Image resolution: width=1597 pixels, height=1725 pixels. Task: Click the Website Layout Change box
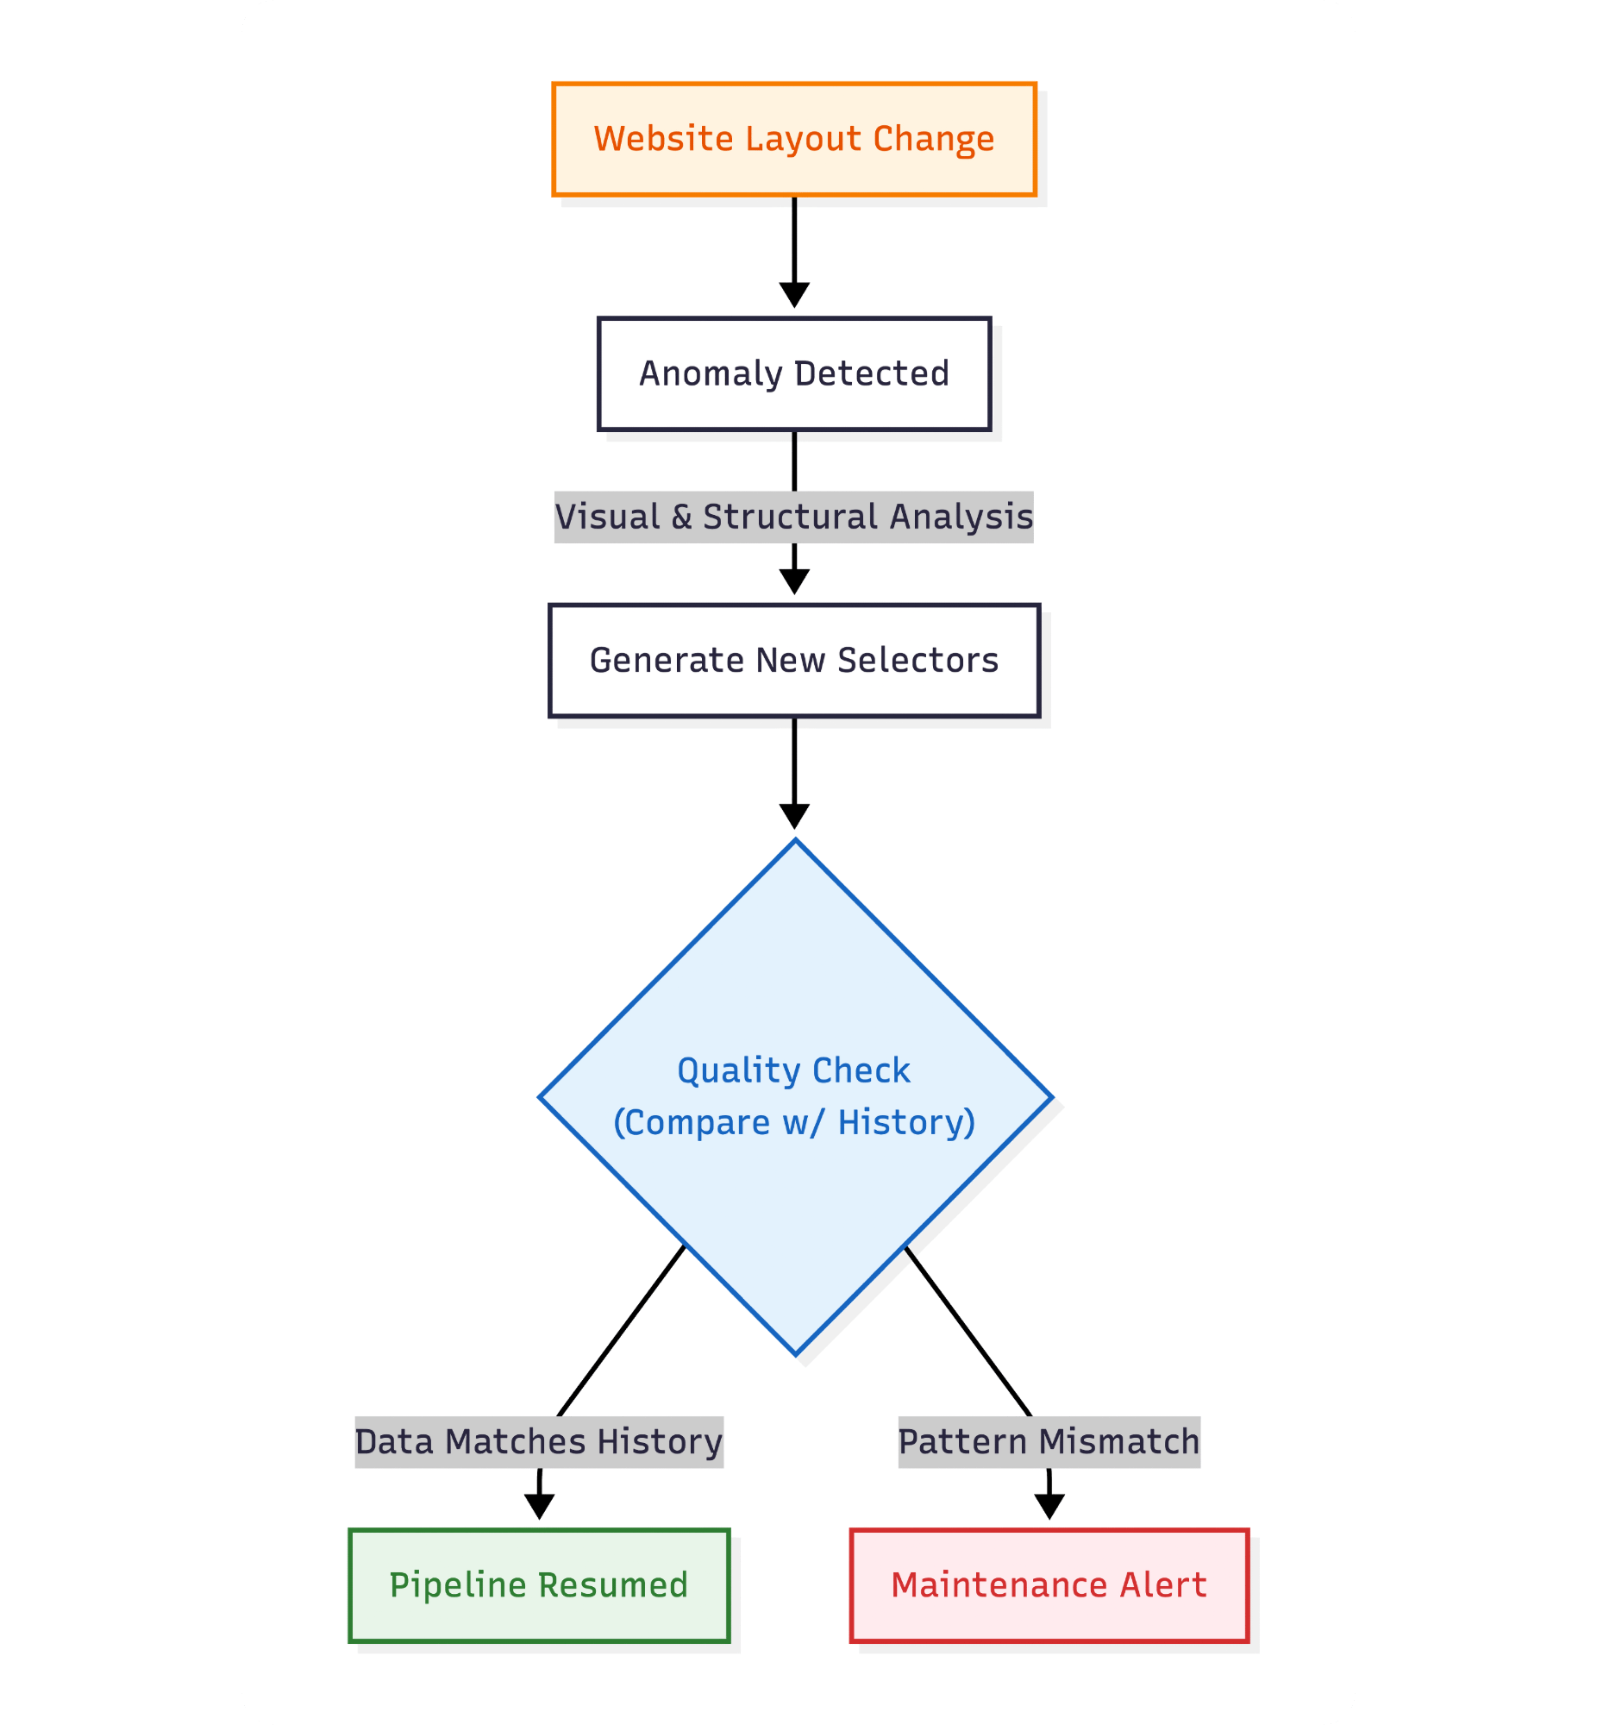[793, 139]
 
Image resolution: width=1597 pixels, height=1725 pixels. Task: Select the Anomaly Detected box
[793, 373]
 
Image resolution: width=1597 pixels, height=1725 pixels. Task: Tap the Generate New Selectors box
[793, 661]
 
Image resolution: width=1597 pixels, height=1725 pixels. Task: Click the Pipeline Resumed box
[538, 1585]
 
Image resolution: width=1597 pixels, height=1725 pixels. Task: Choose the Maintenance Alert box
[1049, 1585]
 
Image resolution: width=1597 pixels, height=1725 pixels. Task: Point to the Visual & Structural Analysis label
[793, 517]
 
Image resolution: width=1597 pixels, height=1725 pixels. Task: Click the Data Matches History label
[538, 1441]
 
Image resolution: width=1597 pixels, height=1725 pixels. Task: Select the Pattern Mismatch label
[1049, 1441]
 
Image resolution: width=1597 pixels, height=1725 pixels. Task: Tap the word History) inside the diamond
[906, 1123]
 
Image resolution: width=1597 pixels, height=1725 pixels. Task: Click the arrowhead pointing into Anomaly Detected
[793, 295]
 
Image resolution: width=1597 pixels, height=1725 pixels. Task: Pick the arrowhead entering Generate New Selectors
[793, 581]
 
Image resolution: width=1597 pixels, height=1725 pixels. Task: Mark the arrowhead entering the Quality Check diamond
[793, 816]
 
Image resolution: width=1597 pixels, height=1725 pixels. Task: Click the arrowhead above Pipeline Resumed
[538, 1507]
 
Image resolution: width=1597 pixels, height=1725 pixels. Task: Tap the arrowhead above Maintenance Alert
[1049, 1507]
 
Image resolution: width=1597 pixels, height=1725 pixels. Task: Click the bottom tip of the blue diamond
[795, 1352]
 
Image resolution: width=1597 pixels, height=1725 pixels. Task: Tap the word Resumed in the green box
[614, 1585]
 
